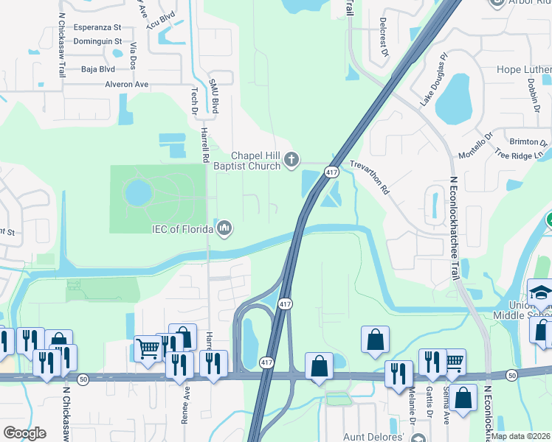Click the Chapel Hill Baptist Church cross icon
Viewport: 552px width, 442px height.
point(292,159)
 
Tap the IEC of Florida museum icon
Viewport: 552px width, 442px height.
point(225,229)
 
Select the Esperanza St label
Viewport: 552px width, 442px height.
point(98,28)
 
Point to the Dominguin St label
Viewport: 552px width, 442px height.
point(98,41)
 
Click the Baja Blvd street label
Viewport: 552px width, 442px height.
point(98,69)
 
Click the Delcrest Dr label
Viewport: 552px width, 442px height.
point(384,38)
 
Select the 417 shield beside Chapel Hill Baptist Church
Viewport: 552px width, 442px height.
point(331,172)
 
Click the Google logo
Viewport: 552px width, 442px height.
point(24,433)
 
